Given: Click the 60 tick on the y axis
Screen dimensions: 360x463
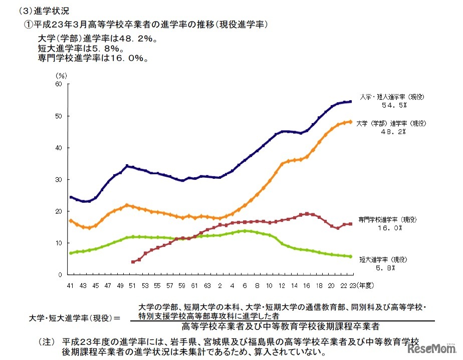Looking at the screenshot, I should (x=59, y=84).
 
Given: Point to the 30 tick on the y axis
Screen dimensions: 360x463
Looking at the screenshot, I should (x=59, y=179).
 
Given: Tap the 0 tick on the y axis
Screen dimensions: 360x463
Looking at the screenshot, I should (x=60, y=274).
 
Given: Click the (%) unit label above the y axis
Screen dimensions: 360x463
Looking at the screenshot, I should (x=61, y=75).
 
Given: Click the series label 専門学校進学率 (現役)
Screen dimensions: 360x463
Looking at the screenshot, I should (x=387, y=219).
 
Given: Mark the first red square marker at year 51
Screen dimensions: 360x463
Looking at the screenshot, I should (x=133, y=262).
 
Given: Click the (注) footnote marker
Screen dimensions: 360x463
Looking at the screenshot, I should (x=47, y=341).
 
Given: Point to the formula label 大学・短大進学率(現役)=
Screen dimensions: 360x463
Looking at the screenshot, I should (x=76, y=317).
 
